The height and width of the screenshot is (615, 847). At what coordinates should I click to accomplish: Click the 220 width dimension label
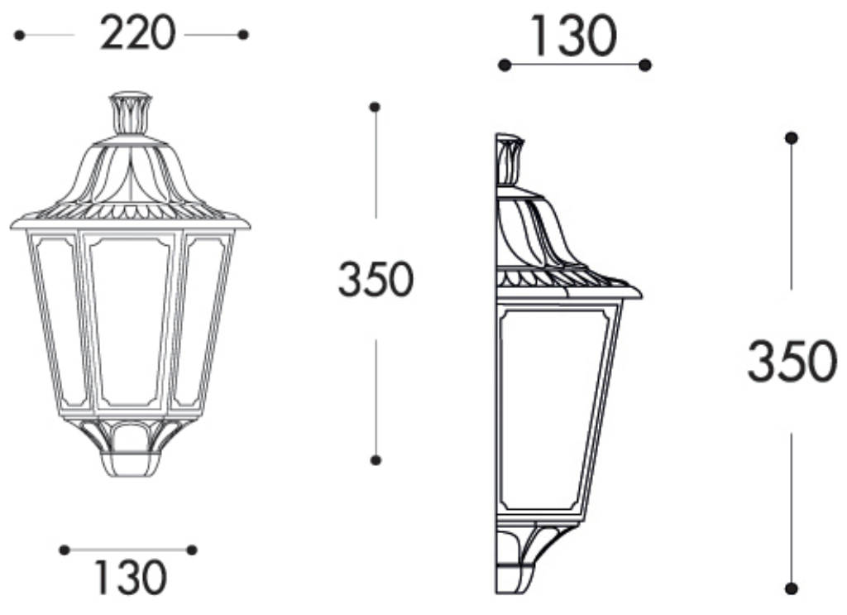137,34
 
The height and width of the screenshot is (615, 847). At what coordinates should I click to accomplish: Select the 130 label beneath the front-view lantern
130,578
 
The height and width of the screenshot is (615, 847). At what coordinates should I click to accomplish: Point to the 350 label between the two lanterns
375,279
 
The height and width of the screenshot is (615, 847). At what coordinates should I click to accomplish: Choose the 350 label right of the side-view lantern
792,362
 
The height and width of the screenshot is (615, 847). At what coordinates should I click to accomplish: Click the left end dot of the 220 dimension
19,35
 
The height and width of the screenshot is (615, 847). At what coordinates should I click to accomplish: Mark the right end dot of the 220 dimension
242,35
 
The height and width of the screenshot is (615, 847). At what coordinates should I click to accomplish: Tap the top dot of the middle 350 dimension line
375,107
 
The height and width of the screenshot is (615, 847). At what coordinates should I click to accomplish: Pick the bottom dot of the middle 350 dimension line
375,459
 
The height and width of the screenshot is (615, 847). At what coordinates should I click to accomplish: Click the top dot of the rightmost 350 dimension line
792,137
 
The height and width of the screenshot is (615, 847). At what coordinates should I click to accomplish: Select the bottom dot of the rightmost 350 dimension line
792,589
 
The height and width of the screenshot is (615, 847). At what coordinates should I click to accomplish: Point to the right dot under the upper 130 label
645,65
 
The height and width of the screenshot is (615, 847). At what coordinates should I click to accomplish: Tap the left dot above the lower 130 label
65,549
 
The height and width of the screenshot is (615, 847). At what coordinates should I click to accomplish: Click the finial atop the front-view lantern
131,113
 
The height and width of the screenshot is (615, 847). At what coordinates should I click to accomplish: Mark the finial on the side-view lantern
509,159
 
